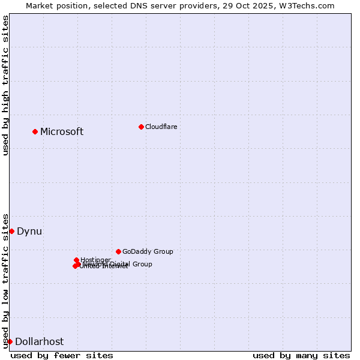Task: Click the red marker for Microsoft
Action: point(35,131)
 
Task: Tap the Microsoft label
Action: point(62,132)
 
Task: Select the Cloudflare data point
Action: point(141,127)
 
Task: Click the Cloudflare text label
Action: point(161,127)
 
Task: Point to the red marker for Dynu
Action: point(11,231)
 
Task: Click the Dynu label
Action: point(29,232)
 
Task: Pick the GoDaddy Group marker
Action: point(118,251)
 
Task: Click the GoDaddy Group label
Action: point(148,252)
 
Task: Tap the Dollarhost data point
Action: point(10,341)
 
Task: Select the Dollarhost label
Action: point(39,342)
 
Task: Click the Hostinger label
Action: point(95,260)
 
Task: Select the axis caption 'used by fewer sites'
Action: point(62,355)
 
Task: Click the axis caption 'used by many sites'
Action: point(301,355)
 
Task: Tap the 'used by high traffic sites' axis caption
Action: point(5,85)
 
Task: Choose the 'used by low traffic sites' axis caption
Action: point(5,281)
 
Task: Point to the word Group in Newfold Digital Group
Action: point(142,264)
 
